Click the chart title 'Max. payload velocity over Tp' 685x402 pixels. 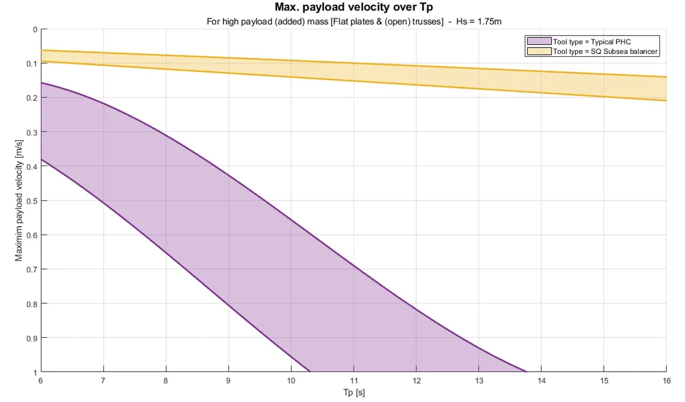pyautogui.click(x=353, y=8)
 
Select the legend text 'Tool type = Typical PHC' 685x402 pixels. pyautogui.click(x=588, y=41)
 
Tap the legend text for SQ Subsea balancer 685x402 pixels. pyautogui.click(x=605, y=51)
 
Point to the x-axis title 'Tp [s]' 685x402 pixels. pyautogui.click(x=354, y=393)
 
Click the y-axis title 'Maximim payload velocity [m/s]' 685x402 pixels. pyautogui.click(x=19, y=200)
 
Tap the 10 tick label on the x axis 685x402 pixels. pyautogui.click(x=291, y=381)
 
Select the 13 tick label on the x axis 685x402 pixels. pyautogui.click(x=478, y=381)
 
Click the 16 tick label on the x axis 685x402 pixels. pyautogui.click(x=666, y=381)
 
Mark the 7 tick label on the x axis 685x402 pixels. pyautogui.click(x=104, y=381)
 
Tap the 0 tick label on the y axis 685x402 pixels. pyautogui.click(x=35, y=29)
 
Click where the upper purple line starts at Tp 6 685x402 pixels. pyautogui.click(x=41, y=82)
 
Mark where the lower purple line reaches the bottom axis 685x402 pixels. pyautogui.click(x=310, y=372)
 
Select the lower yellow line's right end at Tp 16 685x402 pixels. pyautogui.click(x=666, y=100)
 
